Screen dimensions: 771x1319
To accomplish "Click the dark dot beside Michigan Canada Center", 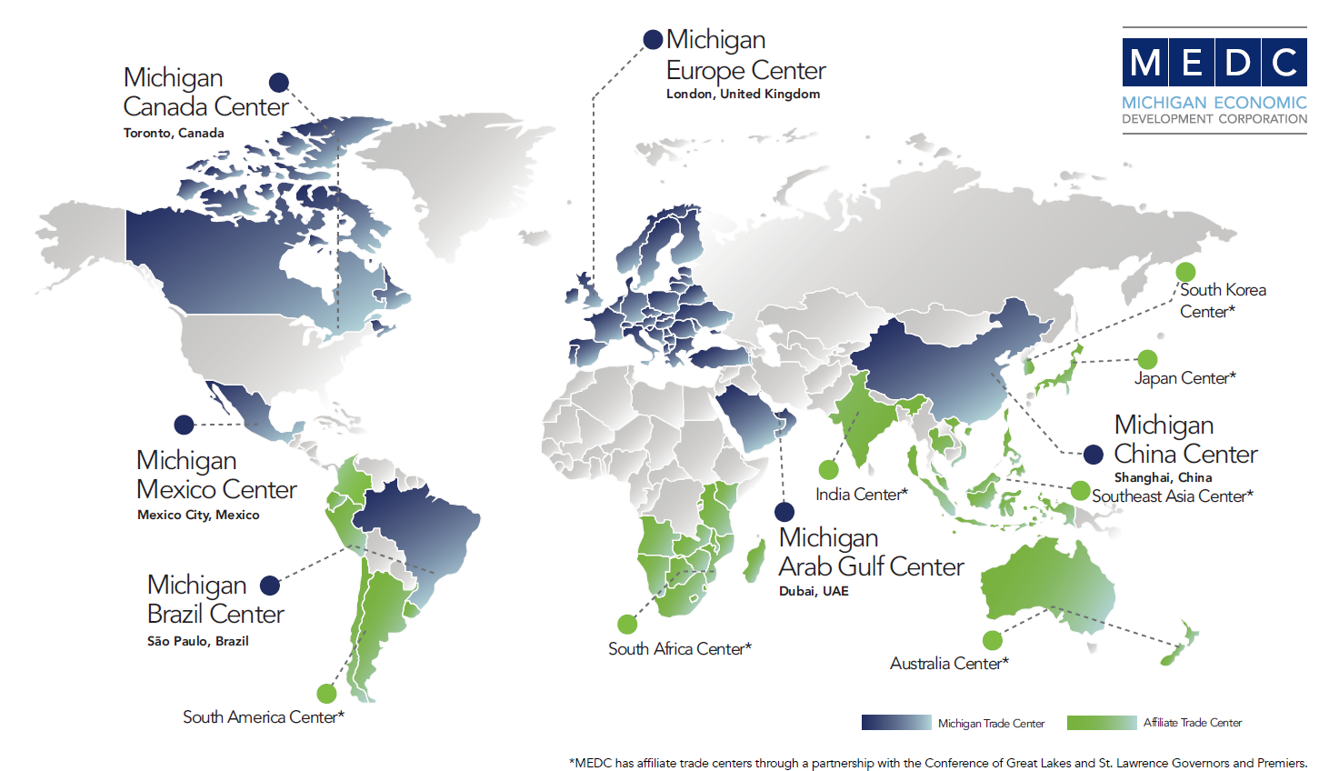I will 279,83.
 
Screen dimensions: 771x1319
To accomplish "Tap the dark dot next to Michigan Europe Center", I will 653,39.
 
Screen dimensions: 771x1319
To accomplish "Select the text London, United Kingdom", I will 743,94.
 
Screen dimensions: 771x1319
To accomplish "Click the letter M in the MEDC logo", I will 1145,63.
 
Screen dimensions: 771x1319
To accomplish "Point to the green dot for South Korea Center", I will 1185,272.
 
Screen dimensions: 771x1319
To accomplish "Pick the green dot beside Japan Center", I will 1147,359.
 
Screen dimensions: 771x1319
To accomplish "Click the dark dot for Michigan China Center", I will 1094,454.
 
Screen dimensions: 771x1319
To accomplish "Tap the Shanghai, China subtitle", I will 1163,477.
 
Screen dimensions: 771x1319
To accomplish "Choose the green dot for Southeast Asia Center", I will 1080,491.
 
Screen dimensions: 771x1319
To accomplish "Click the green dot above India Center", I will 828,470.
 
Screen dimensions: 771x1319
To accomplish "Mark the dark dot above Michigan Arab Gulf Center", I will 784,512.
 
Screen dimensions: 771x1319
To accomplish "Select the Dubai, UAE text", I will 814,591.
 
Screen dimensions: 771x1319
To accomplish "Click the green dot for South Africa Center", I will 627,624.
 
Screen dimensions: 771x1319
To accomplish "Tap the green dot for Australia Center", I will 993,640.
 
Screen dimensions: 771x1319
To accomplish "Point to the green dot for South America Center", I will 326,694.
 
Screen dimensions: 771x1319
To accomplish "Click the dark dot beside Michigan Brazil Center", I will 270,585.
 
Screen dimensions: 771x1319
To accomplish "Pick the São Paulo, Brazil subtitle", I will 197,641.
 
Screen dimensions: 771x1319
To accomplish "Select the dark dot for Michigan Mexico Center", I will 185,425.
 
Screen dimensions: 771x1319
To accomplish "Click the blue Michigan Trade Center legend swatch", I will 896,723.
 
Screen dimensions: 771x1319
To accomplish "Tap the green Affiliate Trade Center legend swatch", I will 1102,723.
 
